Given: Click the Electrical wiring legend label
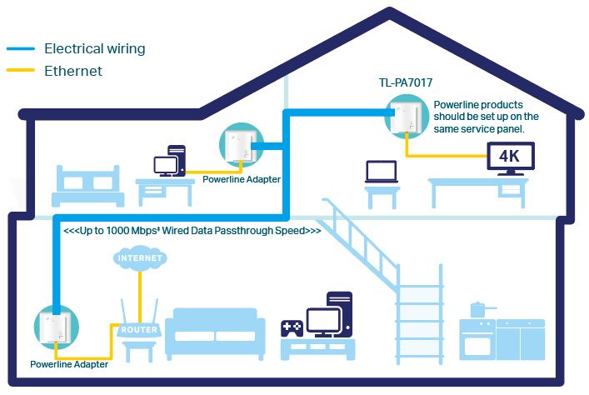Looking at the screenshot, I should click(94, 48).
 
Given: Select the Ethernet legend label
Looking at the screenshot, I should click(73, 71).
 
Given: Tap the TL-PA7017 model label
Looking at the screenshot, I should click(405, 83).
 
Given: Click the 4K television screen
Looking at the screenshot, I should click(509, 156).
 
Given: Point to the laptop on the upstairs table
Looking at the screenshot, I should click(382, 172).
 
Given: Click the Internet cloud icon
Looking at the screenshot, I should click(139, 259).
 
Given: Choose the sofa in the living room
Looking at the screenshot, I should click(215, 333).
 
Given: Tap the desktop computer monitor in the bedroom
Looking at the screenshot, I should click(164, 164).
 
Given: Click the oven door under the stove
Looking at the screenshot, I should click(478, 349).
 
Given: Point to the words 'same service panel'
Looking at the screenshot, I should click(486, 128).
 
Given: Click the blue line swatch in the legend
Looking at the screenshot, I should click(21, 49).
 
